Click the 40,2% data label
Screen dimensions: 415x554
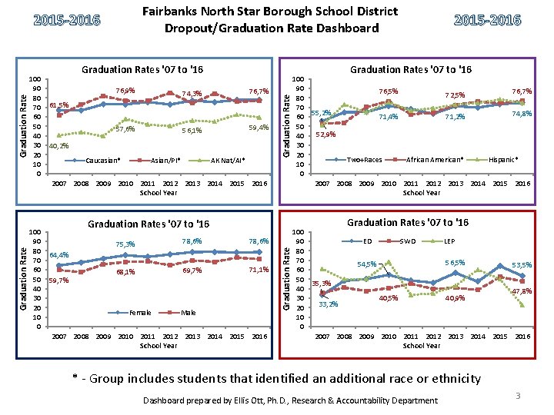(58, 146)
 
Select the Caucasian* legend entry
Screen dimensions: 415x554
(102, 161)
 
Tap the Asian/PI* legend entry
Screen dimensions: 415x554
(167, 161)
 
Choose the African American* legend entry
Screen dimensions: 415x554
(434, 160)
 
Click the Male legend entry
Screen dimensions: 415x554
(188, 313)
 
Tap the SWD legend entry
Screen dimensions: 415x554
(408, 241)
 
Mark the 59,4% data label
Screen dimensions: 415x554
(258, 128)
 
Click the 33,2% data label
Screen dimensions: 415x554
(329, 304)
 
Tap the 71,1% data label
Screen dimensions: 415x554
(258, 270)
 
